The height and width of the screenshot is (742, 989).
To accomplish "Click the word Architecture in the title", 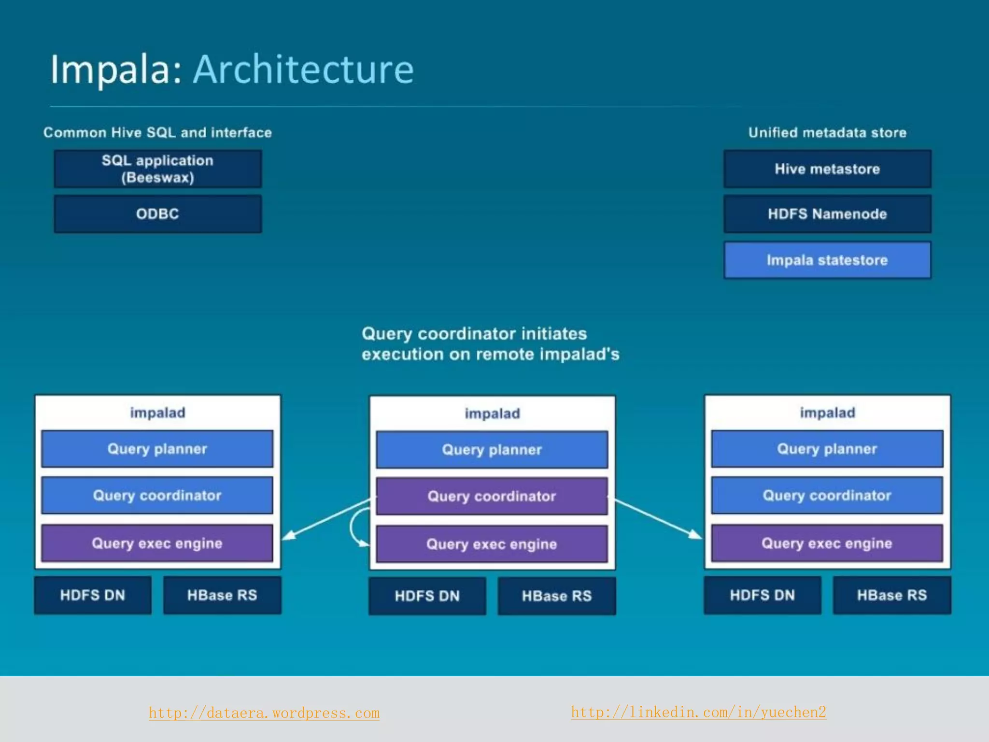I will (x=303, y=69).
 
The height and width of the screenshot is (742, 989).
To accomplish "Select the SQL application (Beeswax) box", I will (x=158, y=169).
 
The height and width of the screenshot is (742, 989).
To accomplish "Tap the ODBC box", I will (x=158, y=214).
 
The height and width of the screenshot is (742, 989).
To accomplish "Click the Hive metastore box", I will (x=827, y=169).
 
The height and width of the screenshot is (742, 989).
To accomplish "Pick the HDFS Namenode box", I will (x=827, y=214).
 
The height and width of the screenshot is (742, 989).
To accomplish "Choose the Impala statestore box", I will (x=827, y=260).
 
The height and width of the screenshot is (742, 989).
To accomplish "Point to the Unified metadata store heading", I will (x=827, y=132).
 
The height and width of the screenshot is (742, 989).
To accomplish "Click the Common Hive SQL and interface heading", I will (x=157, y=132).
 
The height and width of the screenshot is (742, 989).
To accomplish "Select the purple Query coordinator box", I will (x=492, y=496).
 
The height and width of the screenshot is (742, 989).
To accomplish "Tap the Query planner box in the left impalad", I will (x=157, y=449).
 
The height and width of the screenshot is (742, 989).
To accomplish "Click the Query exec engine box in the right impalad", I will (x=827, y=543).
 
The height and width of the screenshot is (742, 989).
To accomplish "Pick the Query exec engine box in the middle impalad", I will (x=492, y=544).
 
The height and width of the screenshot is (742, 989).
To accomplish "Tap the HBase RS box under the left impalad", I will (x=222, y=595).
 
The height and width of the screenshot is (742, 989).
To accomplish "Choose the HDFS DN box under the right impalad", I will (x=762, y=595).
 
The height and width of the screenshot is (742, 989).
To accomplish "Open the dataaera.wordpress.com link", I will (x=264, y=713).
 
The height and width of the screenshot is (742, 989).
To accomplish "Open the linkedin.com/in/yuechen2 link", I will (x=698, y=712).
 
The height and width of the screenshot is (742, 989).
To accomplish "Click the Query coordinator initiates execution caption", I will (x=491, y=344).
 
